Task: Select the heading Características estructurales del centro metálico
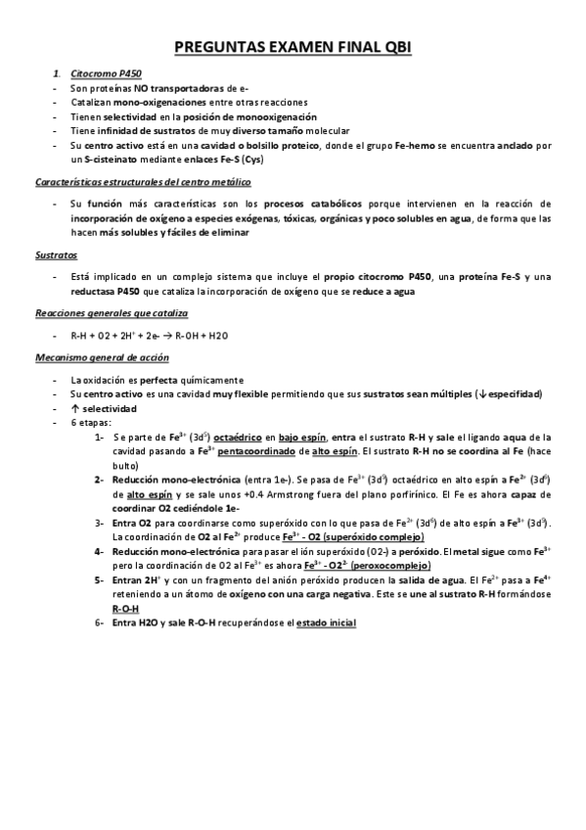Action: (x=143, y=182)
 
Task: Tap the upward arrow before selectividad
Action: (x=75, y=407)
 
